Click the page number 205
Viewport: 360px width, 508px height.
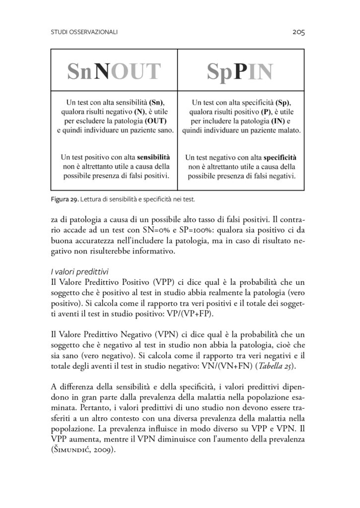coord(298,33)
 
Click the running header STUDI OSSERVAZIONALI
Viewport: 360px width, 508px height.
coord(84,33)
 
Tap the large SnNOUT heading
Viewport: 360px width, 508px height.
coord(114,72)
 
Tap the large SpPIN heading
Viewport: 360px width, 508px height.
coord(240,72)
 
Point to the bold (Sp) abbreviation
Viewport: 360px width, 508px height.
coord(284,102)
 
